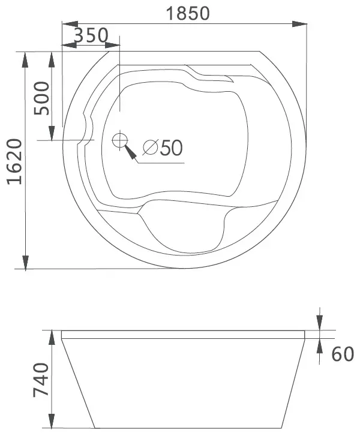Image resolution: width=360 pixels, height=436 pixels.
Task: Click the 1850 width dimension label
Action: pyautogui.click(x=188, y=13)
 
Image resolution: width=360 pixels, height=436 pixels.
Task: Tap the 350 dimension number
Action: pyautogui.click(x=91, y=35)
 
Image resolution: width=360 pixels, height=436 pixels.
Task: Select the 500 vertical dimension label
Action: pyautogui.click(x=41, y=98)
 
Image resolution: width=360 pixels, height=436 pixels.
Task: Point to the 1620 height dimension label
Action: pyautogui.click(x=14, y=161)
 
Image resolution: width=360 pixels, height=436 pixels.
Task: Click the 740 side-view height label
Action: pyautogui.click(x=41, y=380)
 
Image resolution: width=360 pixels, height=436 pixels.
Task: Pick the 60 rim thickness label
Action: pyautogui.click(x=343, y=354)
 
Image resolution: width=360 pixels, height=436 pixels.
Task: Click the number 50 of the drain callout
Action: pyautogui.click(x=172, y=148)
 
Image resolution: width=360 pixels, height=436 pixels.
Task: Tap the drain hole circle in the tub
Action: pyautogui.click(x=120, y=140)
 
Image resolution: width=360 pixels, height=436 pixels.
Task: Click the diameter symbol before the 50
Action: pyautogui.click(x=150, y=148)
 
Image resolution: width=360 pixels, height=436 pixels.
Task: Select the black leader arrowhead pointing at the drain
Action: pyautogui.click(x=130, y=153)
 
